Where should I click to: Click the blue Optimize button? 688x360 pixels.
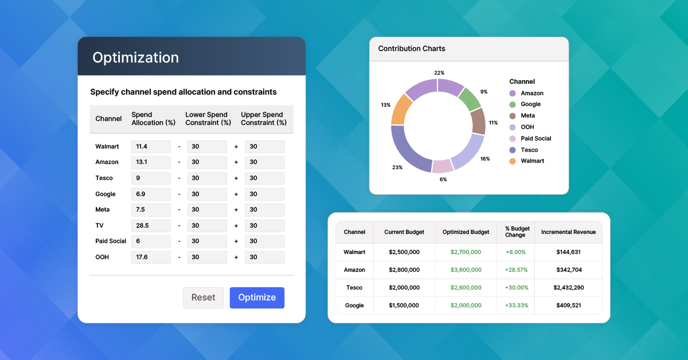coord(257,298)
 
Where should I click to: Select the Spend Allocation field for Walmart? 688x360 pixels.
coord(151,147)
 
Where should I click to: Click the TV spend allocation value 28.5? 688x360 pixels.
coord(142,225)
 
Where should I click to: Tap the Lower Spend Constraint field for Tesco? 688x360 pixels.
coord(207,178)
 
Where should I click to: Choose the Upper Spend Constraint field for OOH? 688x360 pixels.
coord(264,257)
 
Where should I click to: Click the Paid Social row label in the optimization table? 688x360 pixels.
coord(111,241)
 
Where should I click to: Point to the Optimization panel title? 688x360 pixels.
coord(135,57)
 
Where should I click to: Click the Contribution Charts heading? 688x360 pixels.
coord(412,49)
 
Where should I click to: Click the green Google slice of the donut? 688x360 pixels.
coord(469,99)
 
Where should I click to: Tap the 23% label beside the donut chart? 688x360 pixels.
coord(397,167)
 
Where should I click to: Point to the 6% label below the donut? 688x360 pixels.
coord(443,179)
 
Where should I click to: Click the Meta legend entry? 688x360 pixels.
coord(522,116)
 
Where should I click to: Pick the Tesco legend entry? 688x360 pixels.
coord(523,150)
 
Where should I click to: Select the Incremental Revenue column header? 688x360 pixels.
coord(568,232)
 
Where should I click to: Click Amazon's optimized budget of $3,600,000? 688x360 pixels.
coord(466,269)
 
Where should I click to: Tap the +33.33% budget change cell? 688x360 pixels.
coord(517,306)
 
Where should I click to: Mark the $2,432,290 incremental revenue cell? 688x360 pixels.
coord(569,288)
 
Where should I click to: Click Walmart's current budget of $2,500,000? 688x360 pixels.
coord(404,252)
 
